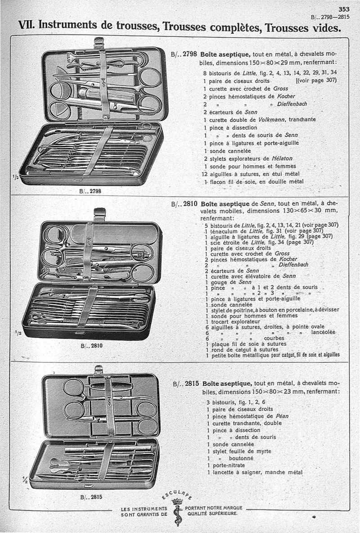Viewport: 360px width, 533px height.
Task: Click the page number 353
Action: pos(344,9)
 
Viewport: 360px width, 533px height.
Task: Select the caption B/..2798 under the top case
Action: pos(90,191)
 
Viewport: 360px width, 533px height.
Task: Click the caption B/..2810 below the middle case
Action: pos(91,346)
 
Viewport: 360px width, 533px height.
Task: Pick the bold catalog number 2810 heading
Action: pos(190,204)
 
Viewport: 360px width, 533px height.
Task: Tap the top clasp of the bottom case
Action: pos(99,369)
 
